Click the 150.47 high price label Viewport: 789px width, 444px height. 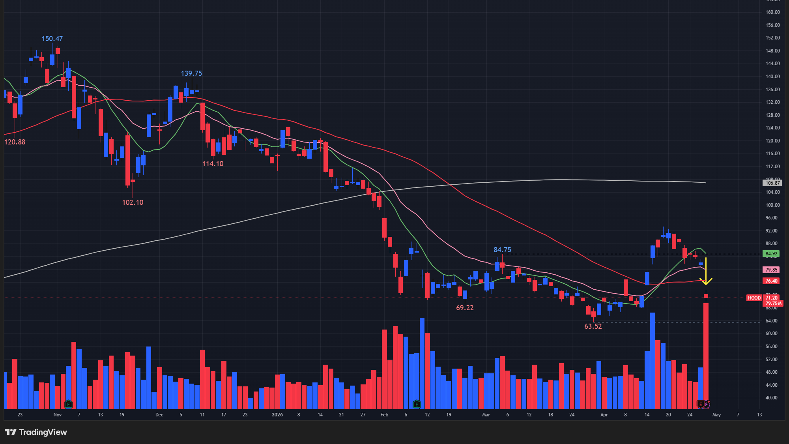pyautogui.click(x=52, y=39)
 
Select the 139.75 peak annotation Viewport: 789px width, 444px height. pyautogui.click(x=191, y=73)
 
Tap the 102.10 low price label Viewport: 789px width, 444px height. pyautogui.click(x=133, y=202)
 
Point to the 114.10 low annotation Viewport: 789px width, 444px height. pyautogui.click(x=213, y=164)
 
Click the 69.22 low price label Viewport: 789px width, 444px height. pyautogui.click(x=465, y=308)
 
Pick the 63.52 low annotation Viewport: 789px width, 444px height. pyautogui.click(x=593, y=326)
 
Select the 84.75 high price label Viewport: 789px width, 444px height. pyautogui.click(x=502, y=250)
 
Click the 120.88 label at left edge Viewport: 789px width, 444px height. pyautogui.click(x=15, y=142)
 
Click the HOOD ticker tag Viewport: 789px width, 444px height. pyautogui.click(x=754, y=298)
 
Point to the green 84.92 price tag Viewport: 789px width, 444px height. pyautogui.click(x=771, y=254)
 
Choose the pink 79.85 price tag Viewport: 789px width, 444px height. pyautogui.click(x=771, y=270)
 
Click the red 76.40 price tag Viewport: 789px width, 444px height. pyautogui.click(x=771, y=281)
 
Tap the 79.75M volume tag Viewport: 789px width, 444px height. pyautogui.click(x=773, y=303)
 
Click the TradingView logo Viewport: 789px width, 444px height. pyautogui.click(x=36, y=432)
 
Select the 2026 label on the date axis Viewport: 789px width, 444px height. pyautogui.click(x=277, y=415)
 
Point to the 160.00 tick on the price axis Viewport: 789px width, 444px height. pyautogui.click(x=772, y=12)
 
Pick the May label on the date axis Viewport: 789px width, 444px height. pyautogui.click(x=716, y=415)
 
